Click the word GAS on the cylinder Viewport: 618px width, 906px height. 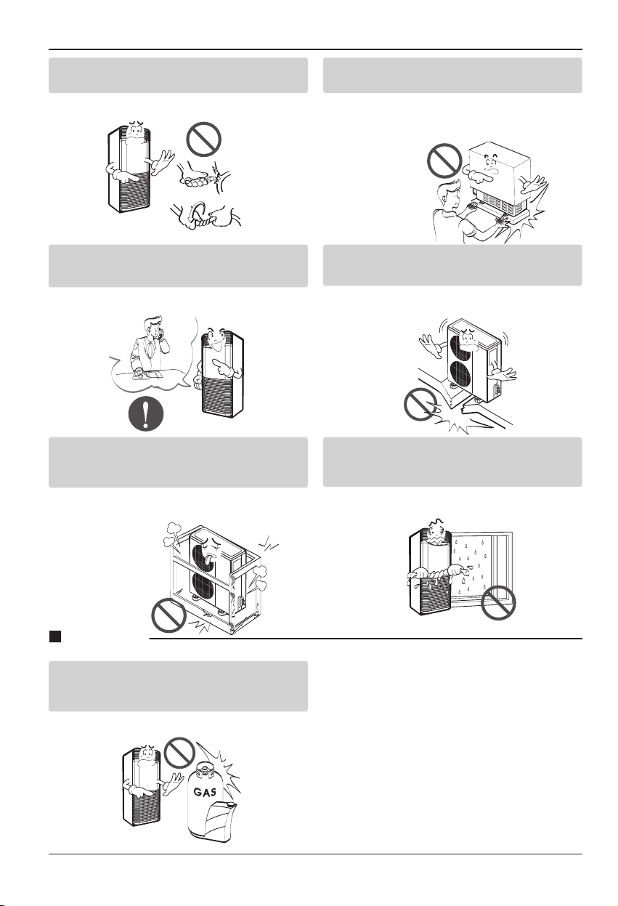(205, 792)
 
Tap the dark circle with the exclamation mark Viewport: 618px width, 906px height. (146, 415)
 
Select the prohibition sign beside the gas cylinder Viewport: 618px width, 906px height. (180, 751)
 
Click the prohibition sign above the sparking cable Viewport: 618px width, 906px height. (204, 139)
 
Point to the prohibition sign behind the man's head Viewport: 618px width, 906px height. (444, 160)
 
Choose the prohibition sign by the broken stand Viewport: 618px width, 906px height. (420, 404)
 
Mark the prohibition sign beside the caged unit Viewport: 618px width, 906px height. (168, 615)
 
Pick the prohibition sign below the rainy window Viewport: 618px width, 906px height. (499, 602)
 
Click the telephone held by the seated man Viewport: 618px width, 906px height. (159, 334)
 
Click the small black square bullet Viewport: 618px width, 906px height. (55, 636)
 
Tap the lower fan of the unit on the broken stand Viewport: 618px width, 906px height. (460, 377)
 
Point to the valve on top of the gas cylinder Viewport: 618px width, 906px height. (206, 772)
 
